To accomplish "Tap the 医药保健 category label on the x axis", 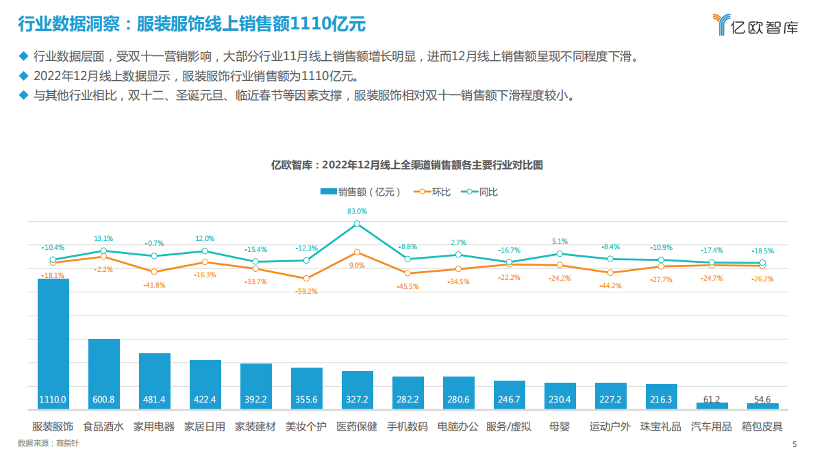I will [357, 427].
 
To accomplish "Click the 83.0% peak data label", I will [357, 212].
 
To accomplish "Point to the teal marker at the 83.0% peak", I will [357, 224].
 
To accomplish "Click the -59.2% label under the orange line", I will [306, 291].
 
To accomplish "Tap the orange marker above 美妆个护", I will [306, 278].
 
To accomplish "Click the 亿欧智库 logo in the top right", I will [754, 25].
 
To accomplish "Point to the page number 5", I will [794, 444].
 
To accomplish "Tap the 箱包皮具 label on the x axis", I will [762, 427].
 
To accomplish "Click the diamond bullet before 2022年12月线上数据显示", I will [24, 75].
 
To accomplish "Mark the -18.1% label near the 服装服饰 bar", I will [53, 275].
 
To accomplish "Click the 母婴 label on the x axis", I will [560, 427].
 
